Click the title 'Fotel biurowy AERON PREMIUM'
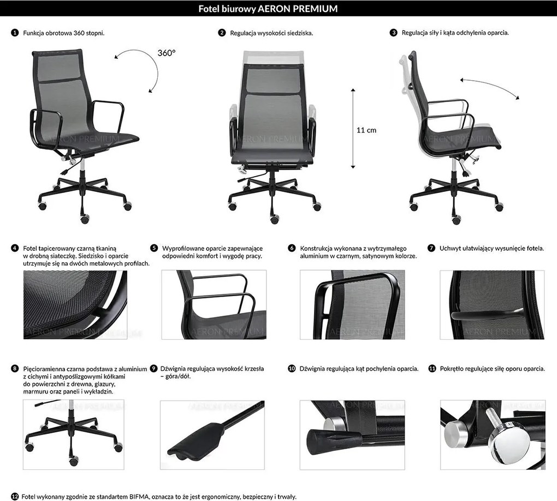268,9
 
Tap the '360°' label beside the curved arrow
166,53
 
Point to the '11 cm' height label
366,130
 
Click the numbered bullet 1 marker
15,33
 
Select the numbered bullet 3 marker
393,33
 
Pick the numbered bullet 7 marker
431,248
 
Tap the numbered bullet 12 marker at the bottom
15,497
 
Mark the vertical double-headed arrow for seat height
353,128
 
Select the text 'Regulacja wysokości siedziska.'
271,33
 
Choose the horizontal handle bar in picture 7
487,315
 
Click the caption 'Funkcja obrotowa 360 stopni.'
63,33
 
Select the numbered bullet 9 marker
153,369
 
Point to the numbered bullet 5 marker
154,248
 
